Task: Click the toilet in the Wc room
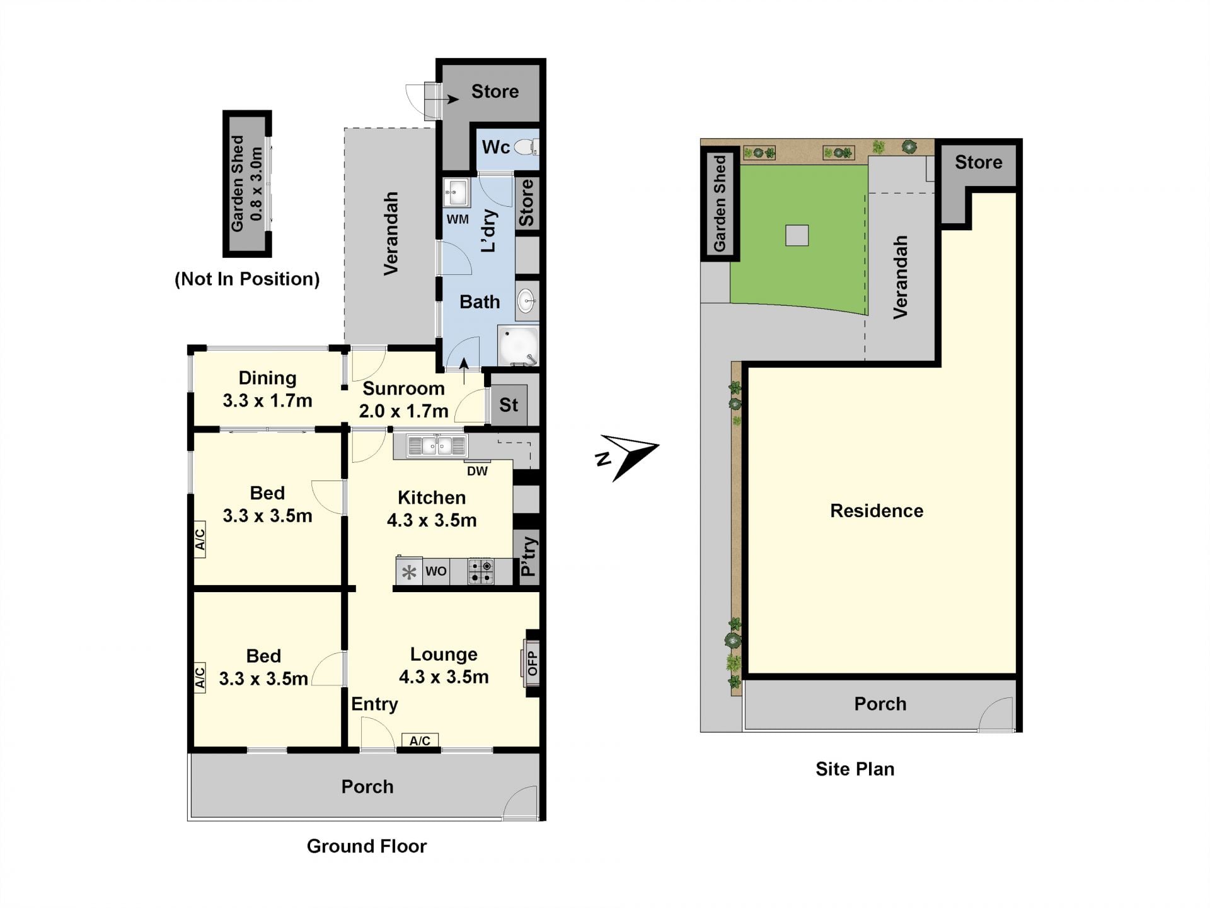click(527, 148)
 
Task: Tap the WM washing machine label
click(458, 219)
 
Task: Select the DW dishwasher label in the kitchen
click(477, 471)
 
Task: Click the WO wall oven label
click(436, 571)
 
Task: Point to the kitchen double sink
click(436, 446)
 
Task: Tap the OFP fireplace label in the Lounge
click(532, 663)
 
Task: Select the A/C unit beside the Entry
click(420, 740)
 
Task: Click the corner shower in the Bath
click(519, 346)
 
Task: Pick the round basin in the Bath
click(527, 301)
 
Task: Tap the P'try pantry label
click(528, 556)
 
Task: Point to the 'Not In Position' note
click(247, 279)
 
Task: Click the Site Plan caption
click(855, 769)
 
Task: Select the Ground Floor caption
click(367, 846)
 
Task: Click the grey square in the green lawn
click(797, 236)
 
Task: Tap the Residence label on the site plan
click(877, 511)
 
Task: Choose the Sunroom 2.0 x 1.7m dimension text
click(404, 411)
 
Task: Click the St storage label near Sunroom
click(509, 405)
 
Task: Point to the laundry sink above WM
click(456, 192)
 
